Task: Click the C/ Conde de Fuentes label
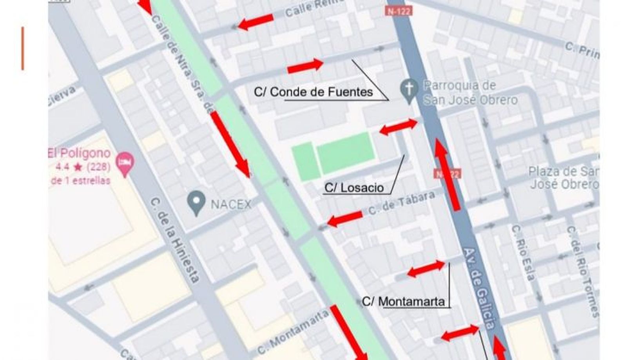pos(313,92)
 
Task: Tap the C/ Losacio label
pos(354,188)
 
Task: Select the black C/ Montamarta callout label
pos(403,301)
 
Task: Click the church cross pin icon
pos(409,90)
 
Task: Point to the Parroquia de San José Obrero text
pos(470,93)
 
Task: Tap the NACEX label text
pos(231,204)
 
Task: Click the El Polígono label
pos(79,153)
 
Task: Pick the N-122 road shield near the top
pos(399,11)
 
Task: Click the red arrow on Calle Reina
pos(256,22)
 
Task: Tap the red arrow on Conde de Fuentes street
pos(305,66)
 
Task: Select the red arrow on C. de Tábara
pos(345,219)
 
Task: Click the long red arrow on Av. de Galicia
pos(447,174)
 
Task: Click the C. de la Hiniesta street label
pos(175,240)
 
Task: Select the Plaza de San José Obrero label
pos(564,178)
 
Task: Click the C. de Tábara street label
pos(401,203)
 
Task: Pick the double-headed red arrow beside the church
pos(399,127)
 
